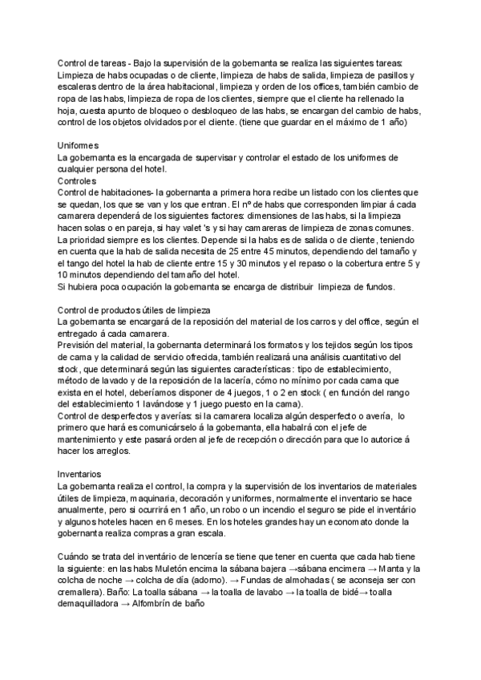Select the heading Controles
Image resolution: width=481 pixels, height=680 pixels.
click(78, 181)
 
